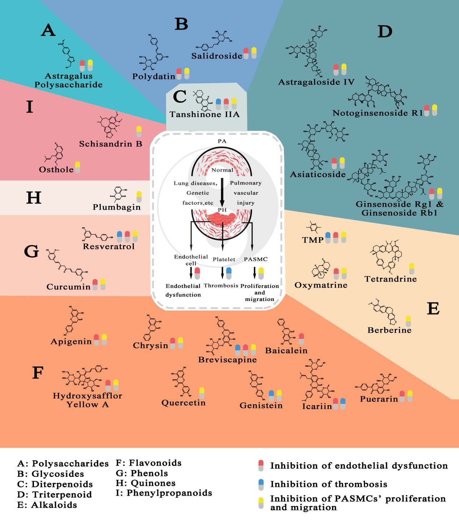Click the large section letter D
[x=385, y=32]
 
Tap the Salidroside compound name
[x=217, y=56]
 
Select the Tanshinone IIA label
[x=204, y=115]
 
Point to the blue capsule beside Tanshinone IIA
[x=218, y=104]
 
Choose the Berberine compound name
[x=389, y=330]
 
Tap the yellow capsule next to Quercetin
[x=202, y=393]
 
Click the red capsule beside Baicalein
[x=301, y=339]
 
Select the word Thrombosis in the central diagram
[x=221, y=286]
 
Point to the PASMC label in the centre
[x=256, y=259]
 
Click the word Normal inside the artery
[x=222, y=170]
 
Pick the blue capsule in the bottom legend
[x=261, y=485]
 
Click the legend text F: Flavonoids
[x=148, y=463]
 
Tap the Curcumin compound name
[x=68, y=287]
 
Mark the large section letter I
[x=30, y=107]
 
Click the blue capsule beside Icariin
[x=343, y=404]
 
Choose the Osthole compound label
[x=56, y=170]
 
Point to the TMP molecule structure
[x=313, y=228]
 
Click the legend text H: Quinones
[x=145, y=483]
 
